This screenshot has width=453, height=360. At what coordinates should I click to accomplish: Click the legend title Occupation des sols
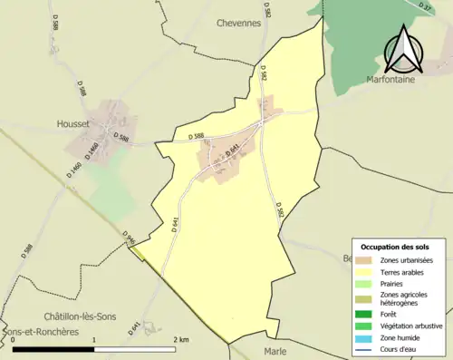click(x=397, y=247)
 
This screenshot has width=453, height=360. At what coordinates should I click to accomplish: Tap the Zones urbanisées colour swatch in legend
click(x=365, y=260)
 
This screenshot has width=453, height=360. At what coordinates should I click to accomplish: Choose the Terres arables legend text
click(x=405, y=271)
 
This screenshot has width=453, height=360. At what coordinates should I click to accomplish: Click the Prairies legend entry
click(x=394, y=282)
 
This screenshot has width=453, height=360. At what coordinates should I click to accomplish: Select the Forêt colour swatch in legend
click(x=365, y=315)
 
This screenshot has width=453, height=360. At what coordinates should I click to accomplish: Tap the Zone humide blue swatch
click(x=365, y=336)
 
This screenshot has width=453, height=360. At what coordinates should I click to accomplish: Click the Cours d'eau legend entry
click(x=403, y=347)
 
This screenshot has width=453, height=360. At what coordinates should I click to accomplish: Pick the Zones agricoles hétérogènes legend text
click(x=405, y=298)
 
